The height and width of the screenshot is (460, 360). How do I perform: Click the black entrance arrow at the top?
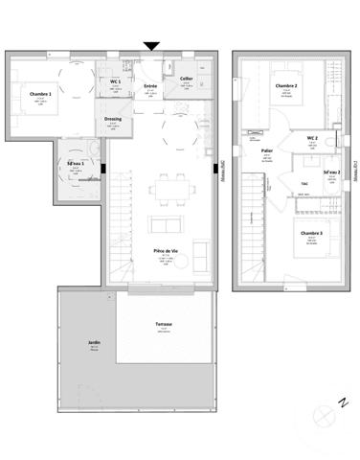[151, 45]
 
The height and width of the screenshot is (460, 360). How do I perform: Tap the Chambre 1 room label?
[41, 93]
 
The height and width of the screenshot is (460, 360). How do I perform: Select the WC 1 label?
[115, 83]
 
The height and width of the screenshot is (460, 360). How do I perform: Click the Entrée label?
[149, 86]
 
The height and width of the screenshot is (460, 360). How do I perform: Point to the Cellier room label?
[187, 80]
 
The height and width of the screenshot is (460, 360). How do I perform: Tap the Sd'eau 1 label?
[76, 164]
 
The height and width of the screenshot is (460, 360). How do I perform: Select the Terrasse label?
[163, 325]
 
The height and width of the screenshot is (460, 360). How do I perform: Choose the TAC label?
[304, 183]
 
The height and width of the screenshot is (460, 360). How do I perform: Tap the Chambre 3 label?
[310, 234]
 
